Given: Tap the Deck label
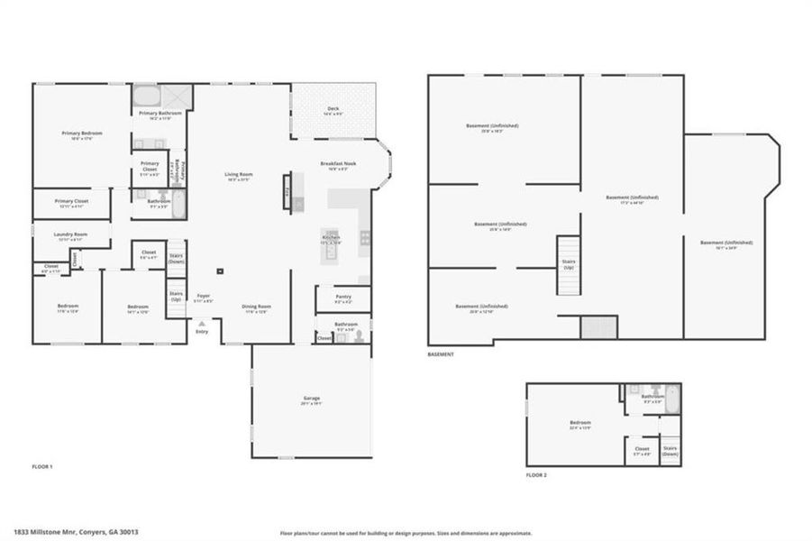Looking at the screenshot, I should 333,109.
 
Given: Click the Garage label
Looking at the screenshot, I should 312,399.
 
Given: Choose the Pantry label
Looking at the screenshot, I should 342,296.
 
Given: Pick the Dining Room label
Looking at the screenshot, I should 257,307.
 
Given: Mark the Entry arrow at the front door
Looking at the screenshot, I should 202,323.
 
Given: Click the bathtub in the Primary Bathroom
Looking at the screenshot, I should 146,96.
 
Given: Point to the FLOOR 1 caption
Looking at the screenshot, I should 42,466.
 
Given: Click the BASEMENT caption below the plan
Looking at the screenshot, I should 441,354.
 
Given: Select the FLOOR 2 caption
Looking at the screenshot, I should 538,474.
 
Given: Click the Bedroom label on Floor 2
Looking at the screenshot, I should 579,423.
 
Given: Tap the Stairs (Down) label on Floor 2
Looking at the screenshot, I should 670,450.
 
